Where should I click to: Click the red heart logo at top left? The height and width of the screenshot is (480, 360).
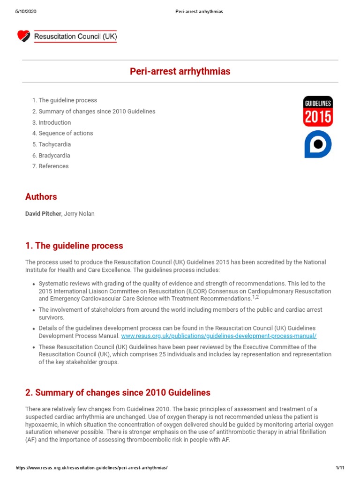tap(23, 36)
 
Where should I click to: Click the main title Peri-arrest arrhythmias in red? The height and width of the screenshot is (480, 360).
tap(180, 72)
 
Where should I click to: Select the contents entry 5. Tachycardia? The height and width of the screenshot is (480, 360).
tap(52, 144)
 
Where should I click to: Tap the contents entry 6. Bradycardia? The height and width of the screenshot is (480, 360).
tap(51, 155)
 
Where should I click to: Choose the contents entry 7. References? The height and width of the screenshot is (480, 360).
tap(50, 166)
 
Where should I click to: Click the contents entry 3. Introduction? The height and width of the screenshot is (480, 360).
tap(52, 122)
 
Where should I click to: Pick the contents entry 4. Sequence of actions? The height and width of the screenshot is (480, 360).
tap(62, 133)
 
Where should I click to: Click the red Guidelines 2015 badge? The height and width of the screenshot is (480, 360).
tap(318, 111)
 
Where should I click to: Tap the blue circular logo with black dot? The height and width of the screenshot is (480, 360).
tap(318, 144)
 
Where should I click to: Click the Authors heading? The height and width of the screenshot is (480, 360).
tap(41, 197)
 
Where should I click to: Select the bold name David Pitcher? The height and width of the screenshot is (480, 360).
tap(43, 214)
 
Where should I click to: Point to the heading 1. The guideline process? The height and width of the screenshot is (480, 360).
tap(74, 246)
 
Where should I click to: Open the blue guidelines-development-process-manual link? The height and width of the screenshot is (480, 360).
tap(219, 336)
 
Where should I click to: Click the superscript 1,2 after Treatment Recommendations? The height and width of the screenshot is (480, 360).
tap(255, 297)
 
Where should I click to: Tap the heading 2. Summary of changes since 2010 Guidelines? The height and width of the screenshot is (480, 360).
tap(118, 392)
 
